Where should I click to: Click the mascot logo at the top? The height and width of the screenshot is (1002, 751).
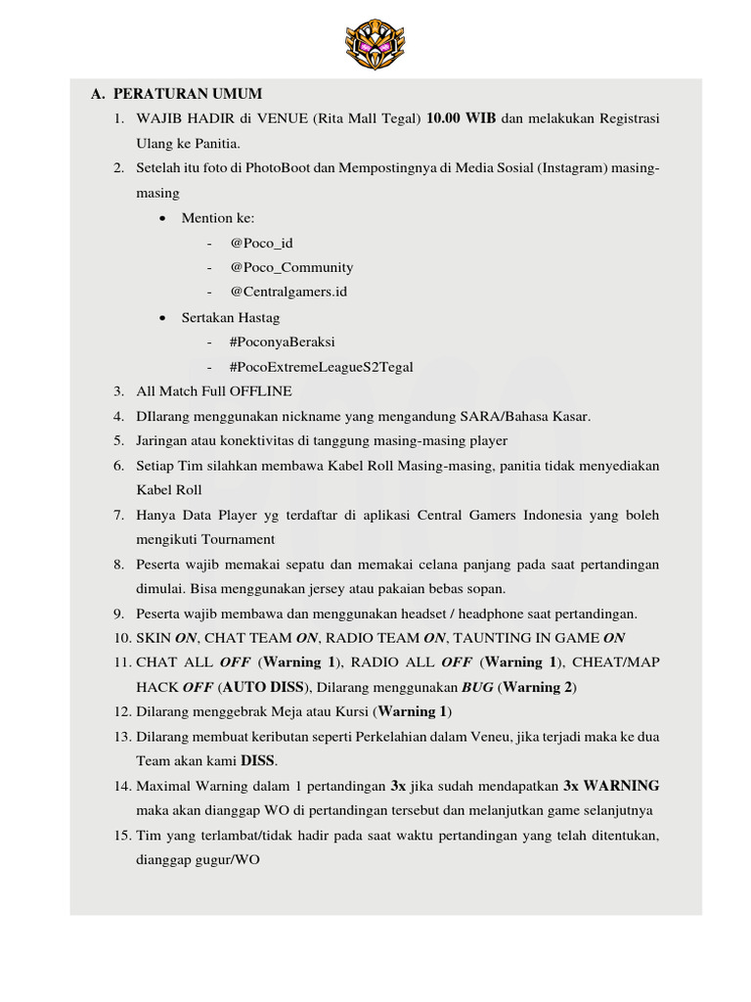[x=375, y=44]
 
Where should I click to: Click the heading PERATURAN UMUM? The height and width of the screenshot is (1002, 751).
[x=188, y=94]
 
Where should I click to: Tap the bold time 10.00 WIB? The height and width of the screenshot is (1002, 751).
[x=462, y=118]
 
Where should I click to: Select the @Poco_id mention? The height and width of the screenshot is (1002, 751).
[x=261, y=243]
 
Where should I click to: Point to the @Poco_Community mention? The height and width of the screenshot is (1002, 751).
[x=291, y=267]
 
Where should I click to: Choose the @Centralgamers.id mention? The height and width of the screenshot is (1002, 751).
[x=288, y=292]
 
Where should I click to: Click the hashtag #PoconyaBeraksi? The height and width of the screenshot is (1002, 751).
[x=283, y=342]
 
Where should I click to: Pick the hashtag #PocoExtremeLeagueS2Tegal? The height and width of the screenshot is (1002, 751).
[x=321, y=367]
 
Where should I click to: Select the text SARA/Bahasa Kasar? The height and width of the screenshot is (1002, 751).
[x=532, y=416]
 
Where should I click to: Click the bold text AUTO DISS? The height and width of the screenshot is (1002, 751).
[x=264, y=687]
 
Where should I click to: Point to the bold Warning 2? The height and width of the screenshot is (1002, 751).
[x=538, y=687]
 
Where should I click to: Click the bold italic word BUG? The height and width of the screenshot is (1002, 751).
[x=477, y=687]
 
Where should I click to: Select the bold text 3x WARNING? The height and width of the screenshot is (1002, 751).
[x=611, y=786]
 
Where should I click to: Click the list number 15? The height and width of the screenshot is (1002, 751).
[x=121, y=836]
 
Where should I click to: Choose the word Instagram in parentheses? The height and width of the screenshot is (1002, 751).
[x=571, y=168]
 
